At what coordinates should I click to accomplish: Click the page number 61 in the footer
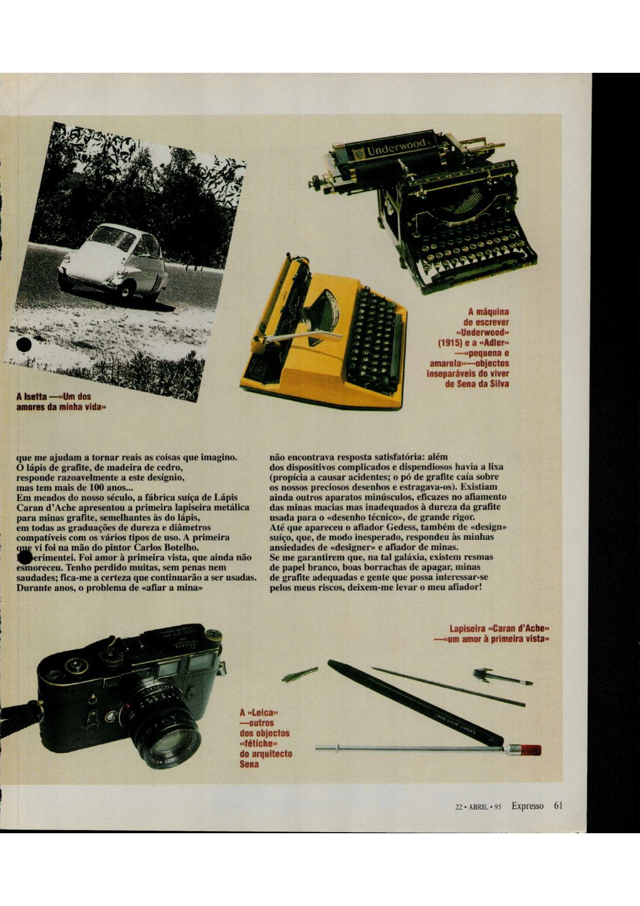(557, 806)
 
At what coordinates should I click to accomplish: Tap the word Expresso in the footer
(527, 806)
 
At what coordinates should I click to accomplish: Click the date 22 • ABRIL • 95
(478, 807)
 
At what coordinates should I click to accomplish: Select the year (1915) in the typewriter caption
(450, 343)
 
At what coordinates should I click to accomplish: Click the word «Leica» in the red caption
(263, 713)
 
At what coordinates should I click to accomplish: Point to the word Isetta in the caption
(35, 397)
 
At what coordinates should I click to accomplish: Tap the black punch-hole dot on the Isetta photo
(24, 345)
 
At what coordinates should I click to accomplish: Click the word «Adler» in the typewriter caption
(492, 343)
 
